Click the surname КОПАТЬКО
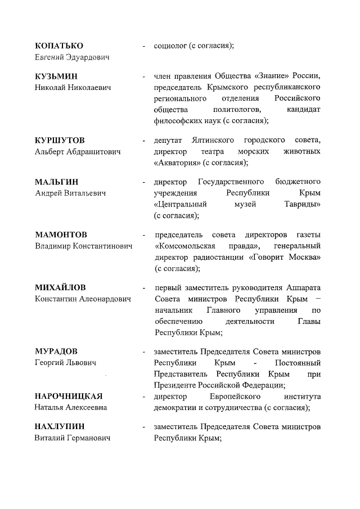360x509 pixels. (x=59, y=46)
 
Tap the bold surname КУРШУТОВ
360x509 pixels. (x=60, y=140)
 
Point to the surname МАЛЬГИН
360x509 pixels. (x=57, y=182)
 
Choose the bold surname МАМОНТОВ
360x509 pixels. (x=61, y=235)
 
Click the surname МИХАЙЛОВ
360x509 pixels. (x=61, y=287)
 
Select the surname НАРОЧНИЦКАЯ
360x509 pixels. (x=69, y=396)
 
